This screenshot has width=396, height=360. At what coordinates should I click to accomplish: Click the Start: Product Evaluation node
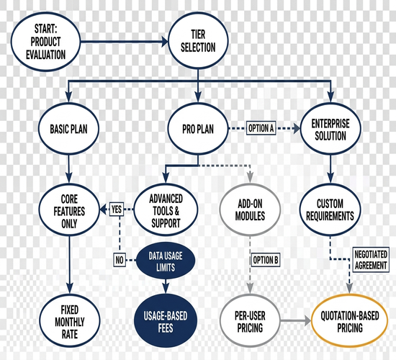click(45, 42)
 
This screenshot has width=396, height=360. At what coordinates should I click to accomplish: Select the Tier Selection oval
click(198, 40)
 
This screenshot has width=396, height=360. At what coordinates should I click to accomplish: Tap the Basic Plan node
click(68, 129)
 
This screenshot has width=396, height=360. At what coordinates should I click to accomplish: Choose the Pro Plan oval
click(198, 129)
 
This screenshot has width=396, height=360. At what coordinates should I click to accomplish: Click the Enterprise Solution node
click(330, 129)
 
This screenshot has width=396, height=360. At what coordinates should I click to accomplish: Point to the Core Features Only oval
click(69, 210)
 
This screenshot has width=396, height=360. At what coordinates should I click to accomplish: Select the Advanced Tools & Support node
click(166, 210)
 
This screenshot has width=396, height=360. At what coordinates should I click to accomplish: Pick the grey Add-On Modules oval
click(250, 210)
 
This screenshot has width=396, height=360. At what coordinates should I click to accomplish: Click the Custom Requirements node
click(330, 210)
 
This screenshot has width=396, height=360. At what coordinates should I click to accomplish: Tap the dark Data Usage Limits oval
click(166, 261)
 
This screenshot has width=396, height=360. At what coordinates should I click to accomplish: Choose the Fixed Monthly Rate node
click(70, 321)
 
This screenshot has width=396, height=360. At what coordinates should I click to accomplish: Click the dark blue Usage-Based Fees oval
click(166, 321)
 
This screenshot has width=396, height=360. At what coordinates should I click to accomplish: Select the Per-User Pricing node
click(250, 321)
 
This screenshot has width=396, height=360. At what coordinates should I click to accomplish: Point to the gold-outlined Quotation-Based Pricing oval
click(350, 321)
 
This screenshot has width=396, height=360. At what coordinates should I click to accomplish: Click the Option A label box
click(261, 128)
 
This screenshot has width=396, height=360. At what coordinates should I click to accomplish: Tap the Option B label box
click(266, 260)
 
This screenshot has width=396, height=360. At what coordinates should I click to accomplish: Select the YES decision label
click(117, 210)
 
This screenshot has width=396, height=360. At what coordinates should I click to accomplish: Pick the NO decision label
click(120, 260)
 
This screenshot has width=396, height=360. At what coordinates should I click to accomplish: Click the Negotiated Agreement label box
click(371, 260)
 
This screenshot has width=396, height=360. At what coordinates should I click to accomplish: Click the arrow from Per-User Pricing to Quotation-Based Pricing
click(296, 321)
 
